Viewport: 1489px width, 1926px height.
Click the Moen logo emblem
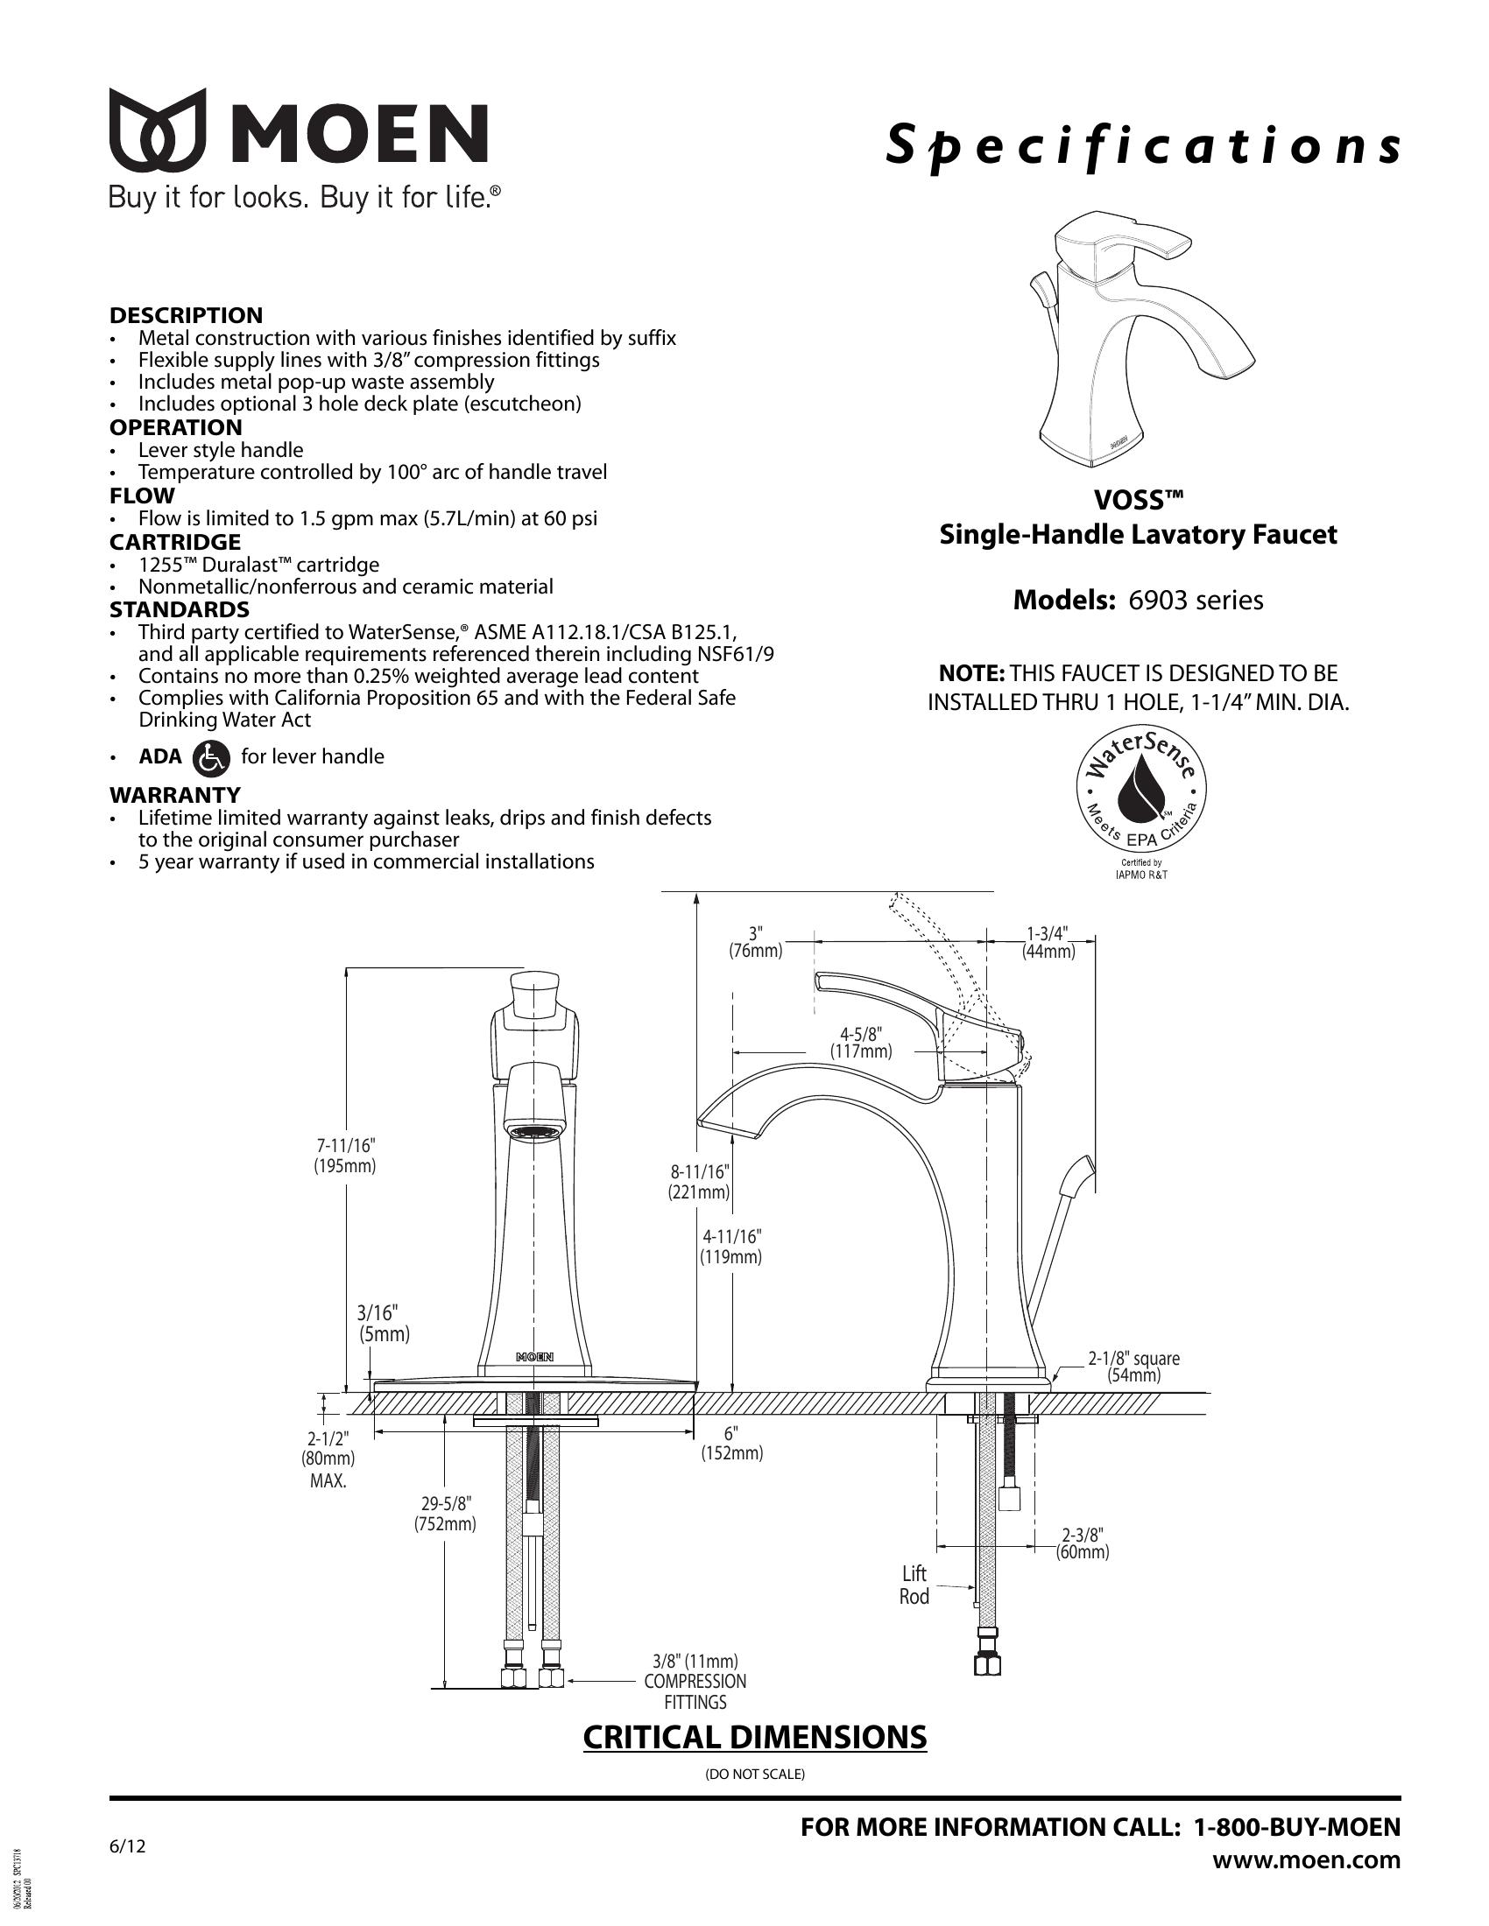pyautogui.click(x=157, y=131)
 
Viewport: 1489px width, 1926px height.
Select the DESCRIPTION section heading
pyautogui.click(x=186, y=316)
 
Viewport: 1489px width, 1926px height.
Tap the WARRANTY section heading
pyautogui.click(x=174, y=795)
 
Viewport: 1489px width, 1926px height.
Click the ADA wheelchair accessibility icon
pyautogui.click(x=210, y=757)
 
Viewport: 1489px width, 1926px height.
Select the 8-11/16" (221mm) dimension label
pyautogui.click(x=699, y=1183)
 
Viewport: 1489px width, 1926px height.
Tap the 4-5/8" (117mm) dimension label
pyautogui.click(x=860, y=1043)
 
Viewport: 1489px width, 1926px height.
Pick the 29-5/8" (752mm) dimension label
pyautogui.click(x=446, y=1514)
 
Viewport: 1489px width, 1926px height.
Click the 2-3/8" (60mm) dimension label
pyautogui.click(x=1083, y=1543)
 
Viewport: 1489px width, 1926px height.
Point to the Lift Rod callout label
pyautogui.click(x=914, y=1585)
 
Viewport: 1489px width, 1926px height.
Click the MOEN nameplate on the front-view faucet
pyautogui.click(x=534, y=1356)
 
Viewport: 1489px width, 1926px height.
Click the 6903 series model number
pyautogui.click(x=1196, y=601)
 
